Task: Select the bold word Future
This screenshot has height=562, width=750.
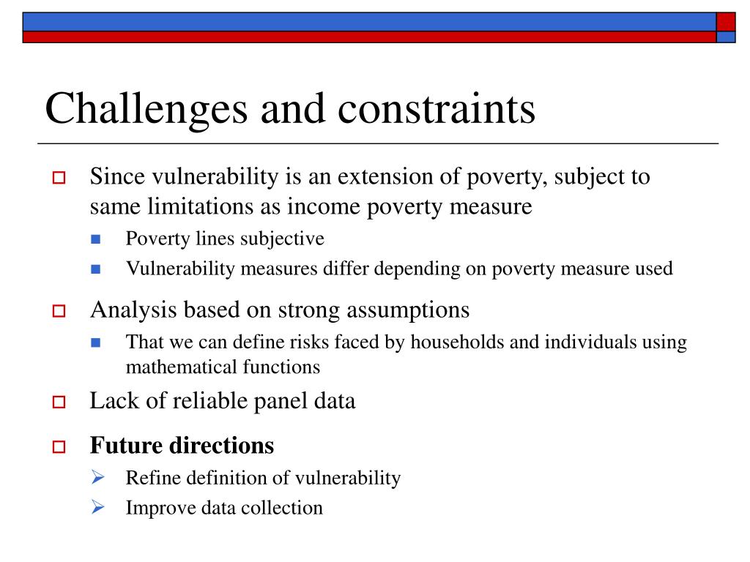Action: (x=126, y=445)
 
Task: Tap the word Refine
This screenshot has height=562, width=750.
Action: (x=150, y=478)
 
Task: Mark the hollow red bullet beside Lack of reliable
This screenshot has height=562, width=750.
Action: (x=59, y=402)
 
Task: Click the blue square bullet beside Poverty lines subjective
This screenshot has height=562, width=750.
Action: (x=96, y=239)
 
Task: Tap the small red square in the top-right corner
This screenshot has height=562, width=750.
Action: (x=726, y=21)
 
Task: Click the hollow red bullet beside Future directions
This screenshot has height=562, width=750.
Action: (x=59, y=446)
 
